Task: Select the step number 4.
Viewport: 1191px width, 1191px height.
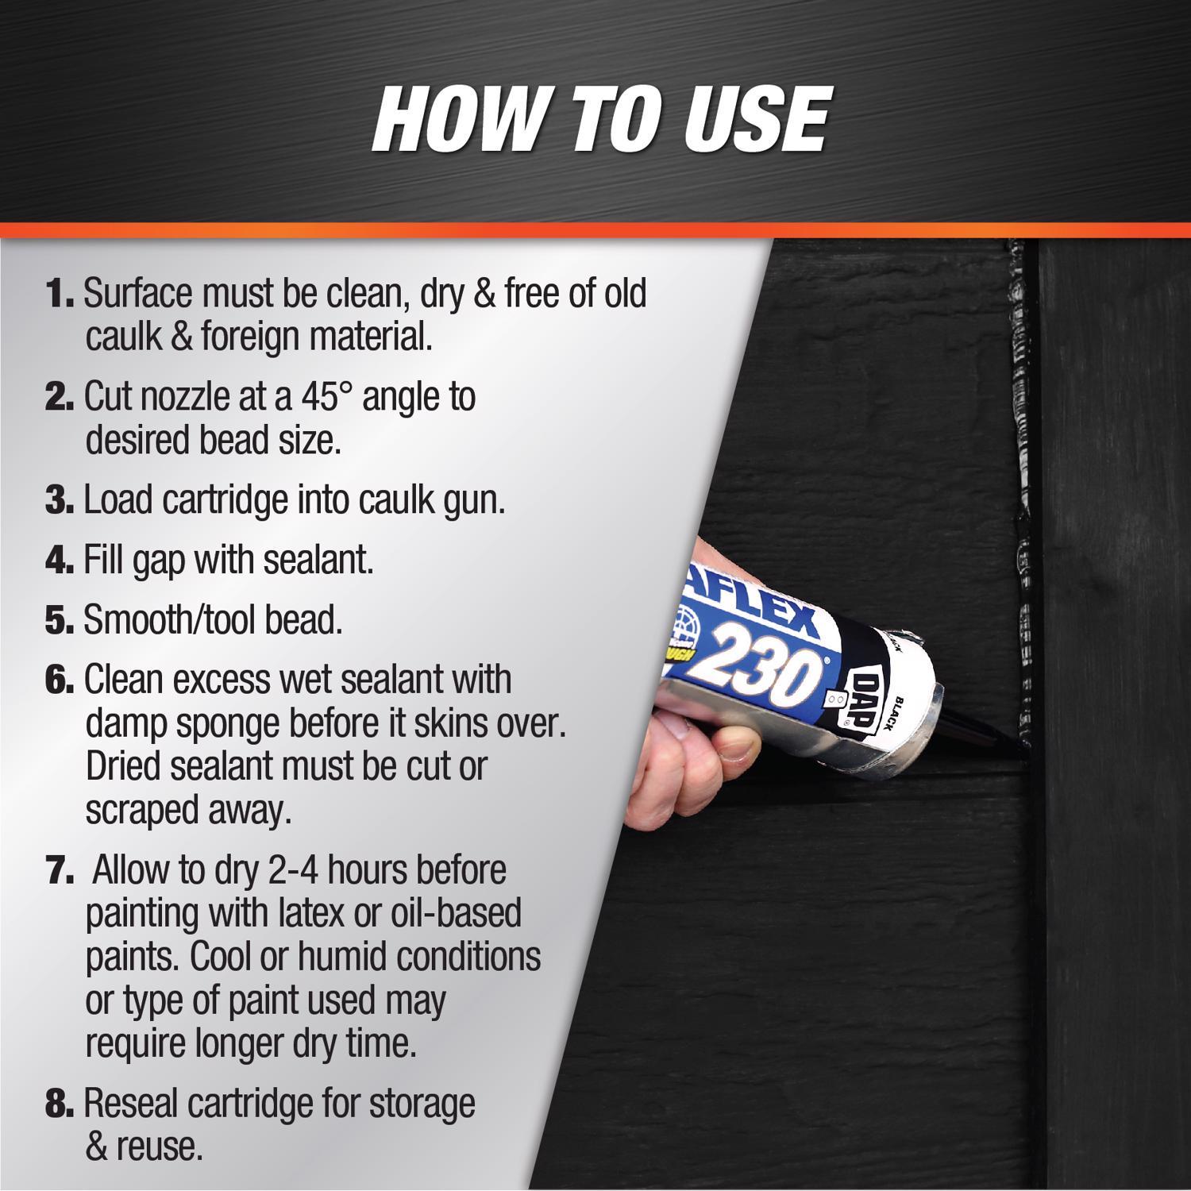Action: pos(59,561)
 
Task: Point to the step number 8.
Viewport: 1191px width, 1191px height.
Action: pos(59,1104)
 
